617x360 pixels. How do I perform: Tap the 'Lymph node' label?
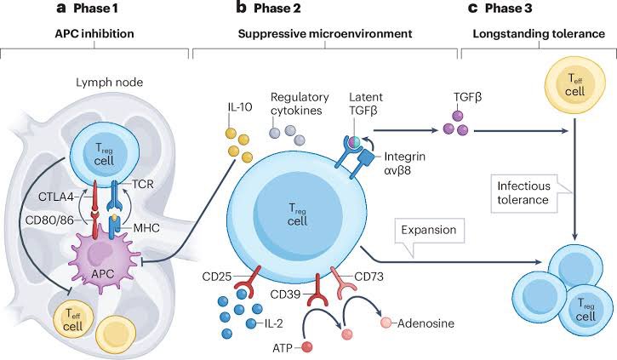[110, 83]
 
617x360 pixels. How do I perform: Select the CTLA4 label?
[56, 197]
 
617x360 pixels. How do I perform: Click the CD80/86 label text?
[49, 220]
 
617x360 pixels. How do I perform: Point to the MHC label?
[146, 228]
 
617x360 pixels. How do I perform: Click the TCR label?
[143, 184]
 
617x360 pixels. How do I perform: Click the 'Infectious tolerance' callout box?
[528, 193]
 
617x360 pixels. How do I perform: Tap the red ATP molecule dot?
[307, 347]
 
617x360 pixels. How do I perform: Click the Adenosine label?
[426, 323]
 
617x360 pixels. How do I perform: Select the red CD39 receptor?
[317, 290]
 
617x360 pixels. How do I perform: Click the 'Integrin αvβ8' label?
[404, 163]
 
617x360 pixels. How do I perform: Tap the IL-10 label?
[240, 107]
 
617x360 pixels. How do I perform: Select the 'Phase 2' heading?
[277, 9]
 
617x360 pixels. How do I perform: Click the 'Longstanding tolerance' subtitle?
[539, 34]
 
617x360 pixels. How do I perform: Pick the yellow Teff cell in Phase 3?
[575, 85]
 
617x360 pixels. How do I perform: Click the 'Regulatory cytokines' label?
[300, 104]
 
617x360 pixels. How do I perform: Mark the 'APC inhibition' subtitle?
[94, 34]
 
